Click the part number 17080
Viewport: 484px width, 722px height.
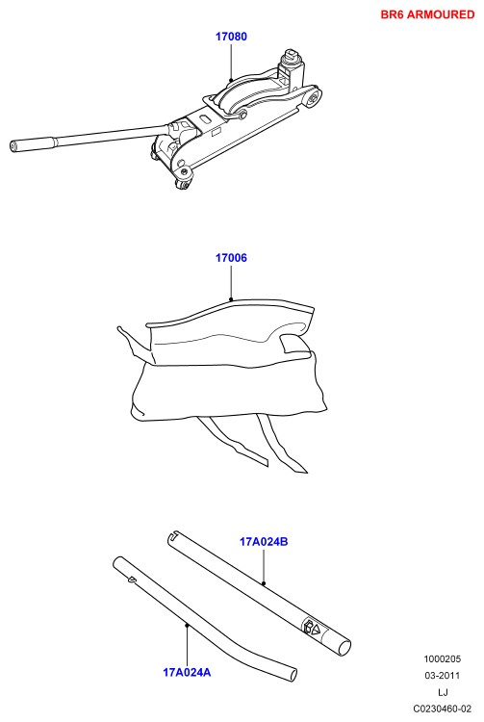click(232, 37)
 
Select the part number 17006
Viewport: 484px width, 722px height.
click(232, 258)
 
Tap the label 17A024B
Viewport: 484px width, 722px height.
click(264, 541)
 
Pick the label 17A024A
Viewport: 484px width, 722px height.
click(187, 672)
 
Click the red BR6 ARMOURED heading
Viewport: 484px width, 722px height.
click(427, 14)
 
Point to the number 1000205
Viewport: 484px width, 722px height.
click(442, 658)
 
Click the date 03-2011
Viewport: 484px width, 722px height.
click(442, 676)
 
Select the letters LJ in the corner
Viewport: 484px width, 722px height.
click(443, 692)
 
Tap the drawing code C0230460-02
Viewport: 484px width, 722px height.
click(442, 709)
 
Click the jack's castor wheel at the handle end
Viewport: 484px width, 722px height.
click(183, 183)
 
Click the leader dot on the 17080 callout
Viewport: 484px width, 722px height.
click(231, 80)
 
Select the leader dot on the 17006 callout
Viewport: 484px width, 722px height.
click(232, 299)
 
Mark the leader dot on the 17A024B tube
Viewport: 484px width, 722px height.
click(264, 583)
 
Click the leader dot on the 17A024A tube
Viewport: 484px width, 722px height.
click(187, 625)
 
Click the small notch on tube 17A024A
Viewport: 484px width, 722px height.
click(132, 580)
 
